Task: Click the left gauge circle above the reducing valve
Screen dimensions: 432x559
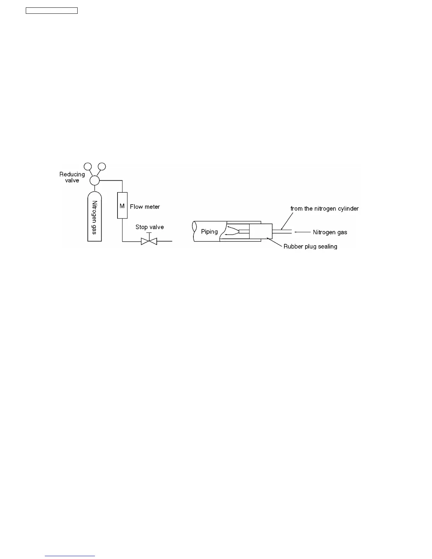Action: tap(88, 166)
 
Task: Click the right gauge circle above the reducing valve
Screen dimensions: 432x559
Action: tap(102, 166)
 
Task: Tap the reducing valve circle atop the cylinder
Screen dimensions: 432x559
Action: tap(95, 181)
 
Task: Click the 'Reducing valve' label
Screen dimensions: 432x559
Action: tap(72, 177)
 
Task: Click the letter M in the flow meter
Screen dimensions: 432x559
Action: tap(122, 206)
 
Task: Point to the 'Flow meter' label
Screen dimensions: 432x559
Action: tap(145, 207)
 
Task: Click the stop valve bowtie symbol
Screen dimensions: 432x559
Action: tap(149, 241)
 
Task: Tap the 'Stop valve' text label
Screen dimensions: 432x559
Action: tap(150, 227)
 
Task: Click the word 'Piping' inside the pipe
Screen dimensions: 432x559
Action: tap(209, 232)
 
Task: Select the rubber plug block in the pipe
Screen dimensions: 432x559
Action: tap(261, 231)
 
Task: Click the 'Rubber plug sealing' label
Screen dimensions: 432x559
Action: tap(310, 246)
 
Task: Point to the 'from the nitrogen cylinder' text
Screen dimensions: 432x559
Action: tap(324, 209)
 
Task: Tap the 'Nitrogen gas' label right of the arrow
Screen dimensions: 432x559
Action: tap(330, 232)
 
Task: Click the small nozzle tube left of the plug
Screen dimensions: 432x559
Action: tap(244, 232)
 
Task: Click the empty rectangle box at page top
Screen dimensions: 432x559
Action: tap(52, 11)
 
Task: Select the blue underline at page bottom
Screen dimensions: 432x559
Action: tap(70, 556)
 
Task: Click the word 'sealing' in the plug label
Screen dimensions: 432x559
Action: tap(327, 246)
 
